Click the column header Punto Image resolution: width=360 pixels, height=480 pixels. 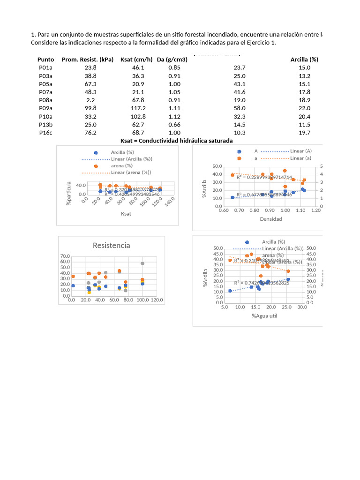(45, 60)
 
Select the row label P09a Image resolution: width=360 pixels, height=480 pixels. (45, 108)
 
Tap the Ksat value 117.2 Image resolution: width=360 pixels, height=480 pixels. (139, 108)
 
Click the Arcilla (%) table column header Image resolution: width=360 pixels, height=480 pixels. (304, 60)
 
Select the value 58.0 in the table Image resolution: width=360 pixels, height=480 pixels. (240, 108)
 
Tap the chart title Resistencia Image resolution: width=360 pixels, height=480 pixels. (112, 245)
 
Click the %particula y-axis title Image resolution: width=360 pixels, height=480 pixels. (69, 195)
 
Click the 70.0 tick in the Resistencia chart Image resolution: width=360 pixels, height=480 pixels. (65, 256)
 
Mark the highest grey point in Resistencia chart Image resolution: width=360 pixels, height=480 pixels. (142, 263)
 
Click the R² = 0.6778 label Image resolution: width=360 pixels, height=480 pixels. (264, 195)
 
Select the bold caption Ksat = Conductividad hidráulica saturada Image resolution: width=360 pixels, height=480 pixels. (176, 141)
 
